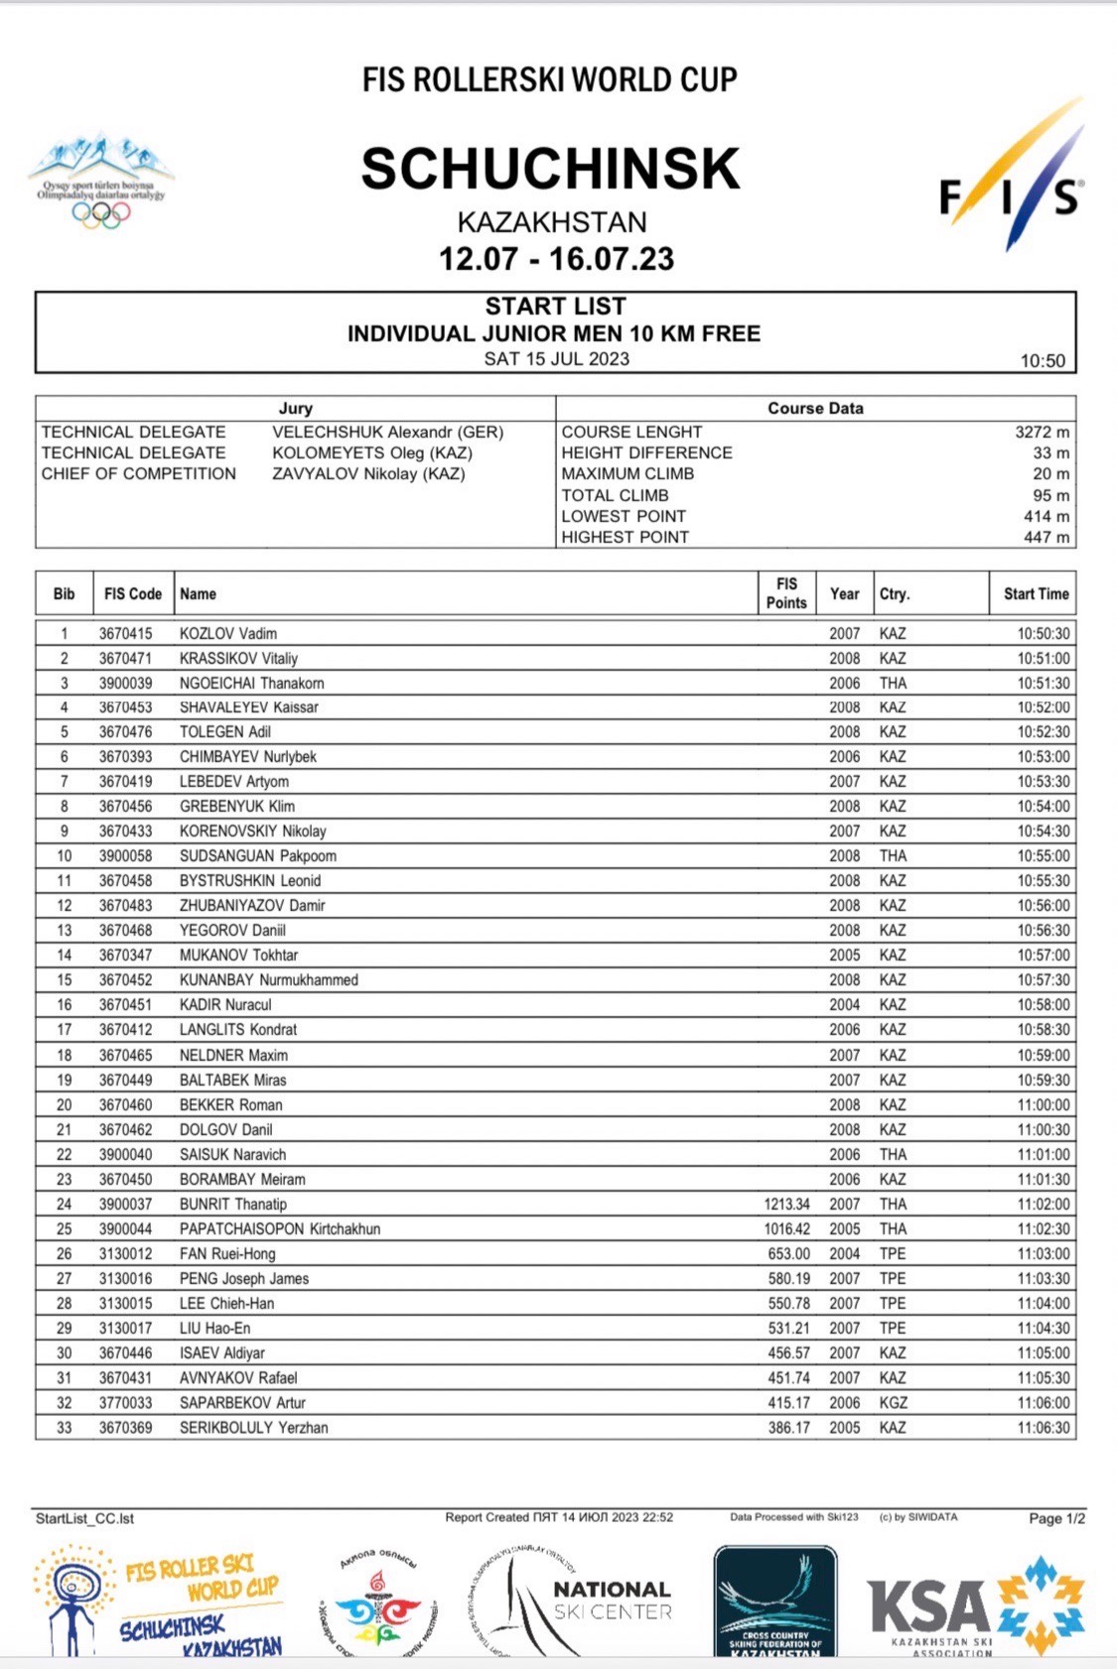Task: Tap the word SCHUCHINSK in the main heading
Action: tap(550, 169)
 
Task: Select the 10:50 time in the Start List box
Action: tap(1043, 361)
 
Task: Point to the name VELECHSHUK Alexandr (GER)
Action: tap(387, 433)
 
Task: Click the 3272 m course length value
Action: tap(1042, 433)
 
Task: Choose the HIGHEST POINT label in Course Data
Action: tap(625, 537)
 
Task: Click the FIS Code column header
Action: tap(132, 593)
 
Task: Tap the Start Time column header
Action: tap(1036, 593)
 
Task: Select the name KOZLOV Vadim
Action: tap(227, 633)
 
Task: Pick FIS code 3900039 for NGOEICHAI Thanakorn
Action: tap(125, 683)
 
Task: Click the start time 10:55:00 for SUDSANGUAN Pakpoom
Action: tap(1043, 855)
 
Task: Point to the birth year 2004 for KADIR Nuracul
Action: tap(844, 1004)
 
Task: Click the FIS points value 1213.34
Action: tap(786, 1204)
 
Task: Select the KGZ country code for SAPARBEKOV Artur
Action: tap(893, 1402)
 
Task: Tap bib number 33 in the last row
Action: tap(64, 1427)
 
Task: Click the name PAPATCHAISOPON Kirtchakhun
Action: tap(279, 1228)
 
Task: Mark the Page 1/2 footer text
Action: tap(1056, 1518)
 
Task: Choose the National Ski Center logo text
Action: tap(612, 1600)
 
